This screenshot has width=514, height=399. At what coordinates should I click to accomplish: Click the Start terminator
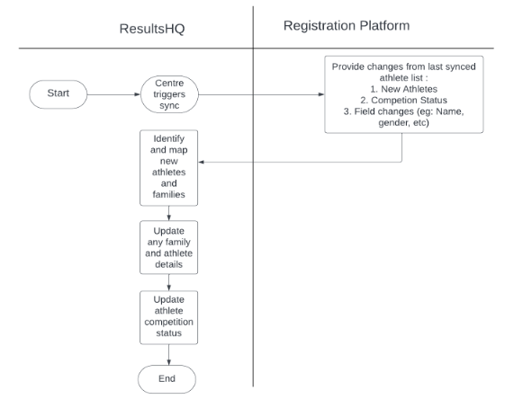pyautogui.click(x=59, y=94)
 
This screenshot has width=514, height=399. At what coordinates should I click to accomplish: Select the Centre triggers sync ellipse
pyautogui.click(x=169, y=94)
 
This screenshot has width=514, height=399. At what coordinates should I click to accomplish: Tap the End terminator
pyautogui.click(x=167, y=379)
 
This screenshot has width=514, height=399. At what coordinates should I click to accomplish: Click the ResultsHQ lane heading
pyautogui.click(x=152, y=29)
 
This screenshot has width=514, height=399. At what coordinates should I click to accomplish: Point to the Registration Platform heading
pyautogui.click(x=347, y=25)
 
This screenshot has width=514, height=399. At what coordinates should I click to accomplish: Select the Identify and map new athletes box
pyautogui.click(x=169, y=168)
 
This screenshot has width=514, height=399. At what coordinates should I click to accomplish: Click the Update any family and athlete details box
pyautogui.click(x=169, y=247)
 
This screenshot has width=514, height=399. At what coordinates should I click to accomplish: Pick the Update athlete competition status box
pyautogui.click(x=169, y=317)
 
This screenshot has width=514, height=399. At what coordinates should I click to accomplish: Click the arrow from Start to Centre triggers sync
pyautogui.click(x=113, y=94)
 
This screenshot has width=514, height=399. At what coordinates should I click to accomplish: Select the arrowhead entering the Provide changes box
pyautogui.click(x=321, y=94)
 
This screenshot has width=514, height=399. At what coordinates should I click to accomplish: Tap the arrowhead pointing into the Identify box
pyautogui.click(x=202, y=162)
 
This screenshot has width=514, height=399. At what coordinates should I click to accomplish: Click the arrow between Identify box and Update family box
pyautogui.click(x=169, y=213)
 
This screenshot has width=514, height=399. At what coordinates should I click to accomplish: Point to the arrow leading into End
pyautogui.click(x=169, y=355)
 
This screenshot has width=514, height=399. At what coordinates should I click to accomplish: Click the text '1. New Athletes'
pyautogui.click(x=404, y=89)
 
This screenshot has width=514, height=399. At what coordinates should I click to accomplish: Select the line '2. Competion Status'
pyautogui.click(x=404, y=100)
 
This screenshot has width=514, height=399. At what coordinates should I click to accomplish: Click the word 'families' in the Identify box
pyautogui.click(x=169, y=194)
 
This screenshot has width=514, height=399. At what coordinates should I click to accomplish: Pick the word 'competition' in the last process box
pyautogui.click(x=169, y=322)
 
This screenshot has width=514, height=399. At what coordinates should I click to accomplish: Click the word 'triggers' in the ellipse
pyautogui.click(x=169, y=94)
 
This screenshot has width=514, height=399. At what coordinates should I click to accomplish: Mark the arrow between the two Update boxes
pyautogui.click(x=169, y=282)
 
